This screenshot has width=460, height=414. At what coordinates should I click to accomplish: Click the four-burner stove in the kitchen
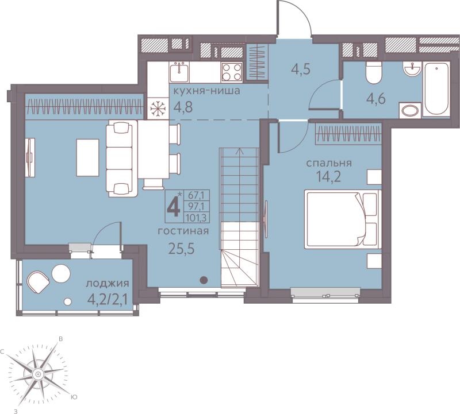pyautogui.click(x=232, y=72)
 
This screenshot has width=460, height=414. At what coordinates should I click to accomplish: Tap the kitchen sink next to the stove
pyautogui.click(x=179, y=72)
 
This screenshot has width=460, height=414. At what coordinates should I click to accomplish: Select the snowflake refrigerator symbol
pyautogui.click(x=158, y=109)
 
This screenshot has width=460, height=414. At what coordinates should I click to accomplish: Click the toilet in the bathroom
pyautogui.click(x=373, y=72)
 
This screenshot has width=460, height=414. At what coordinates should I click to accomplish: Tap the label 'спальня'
pyautogui.click(x=329, y=163)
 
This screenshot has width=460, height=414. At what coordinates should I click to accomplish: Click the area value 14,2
pyautogui.click(x=328, y=177)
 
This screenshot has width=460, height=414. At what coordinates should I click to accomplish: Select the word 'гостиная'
pyautogui.click(x=183, y=231)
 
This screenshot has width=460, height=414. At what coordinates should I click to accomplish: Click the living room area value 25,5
pyautogui.click(x=182, y=249)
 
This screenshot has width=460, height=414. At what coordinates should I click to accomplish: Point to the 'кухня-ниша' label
pyautogui.click(x=207, y=91)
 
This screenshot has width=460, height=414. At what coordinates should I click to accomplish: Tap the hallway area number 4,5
pyautogui.click(x=301, y=70)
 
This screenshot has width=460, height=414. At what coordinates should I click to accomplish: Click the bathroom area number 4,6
pyautogui.click(x=376, y=98)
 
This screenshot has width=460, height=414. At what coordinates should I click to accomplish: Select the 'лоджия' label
pyautogui.click(x=108, y=284)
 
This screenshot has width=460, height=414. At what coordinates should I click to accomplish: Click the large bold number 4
pyautogui.click(x=174, y=207)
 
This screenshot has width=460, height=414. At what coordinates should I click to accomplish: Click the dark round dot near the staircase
pyautogui.click(x=204, y=280)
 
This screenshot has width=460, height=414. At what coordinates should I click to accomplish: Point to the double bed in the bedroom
pyautogui.click(x=343, y=219)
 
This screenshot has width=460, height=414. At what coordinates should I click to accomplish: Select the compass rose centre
pyautogui.click(x=37, y=374)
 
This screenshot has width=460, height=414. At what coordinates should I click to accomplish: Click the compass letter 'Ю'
pyautogui.click(x=74, y=397)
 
